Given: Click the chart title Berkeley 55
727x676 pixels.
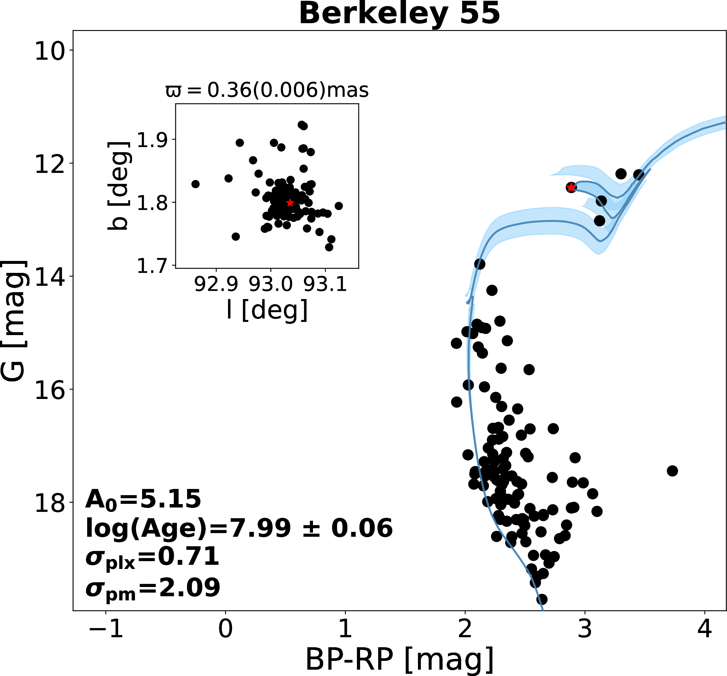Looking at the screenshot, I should [399, 14].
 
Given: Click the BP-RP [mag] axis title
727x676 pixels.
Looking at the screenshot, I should [399, 660].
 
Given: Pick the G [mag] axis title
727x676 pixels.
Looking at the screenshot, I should [14, 321].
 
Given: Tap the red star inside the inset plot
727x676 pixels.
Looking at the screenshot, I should [290, 203].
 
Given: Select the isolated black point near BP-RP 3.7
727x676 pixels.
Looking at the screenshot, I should [672, 471].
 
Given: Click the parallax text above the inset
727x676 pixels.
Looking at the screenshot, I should [267, 90].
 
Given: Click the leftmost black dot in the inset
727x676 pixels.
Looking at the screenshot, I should [195, 184].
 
